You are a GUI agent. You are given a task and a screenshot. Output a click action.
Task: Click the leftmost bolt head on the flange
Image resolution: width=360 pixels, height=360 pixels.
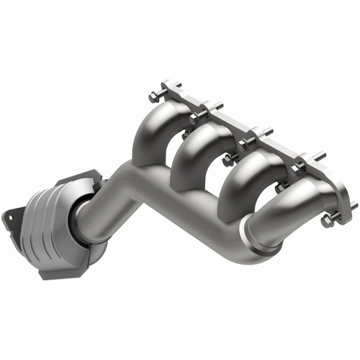pos(153,95)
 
